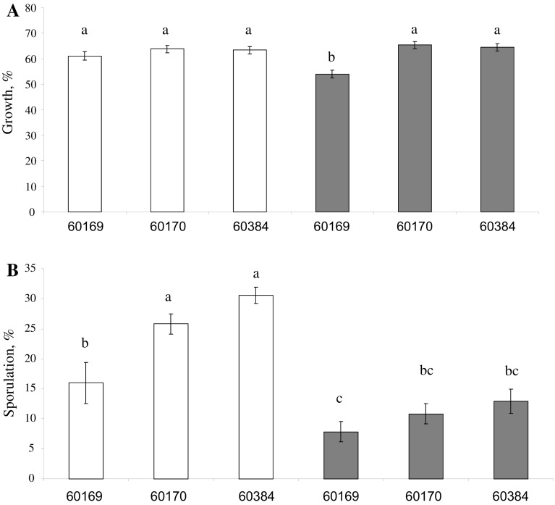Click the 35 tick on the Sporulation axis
[31, 268]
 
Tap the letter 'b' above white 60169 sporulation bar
[85, 342]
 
